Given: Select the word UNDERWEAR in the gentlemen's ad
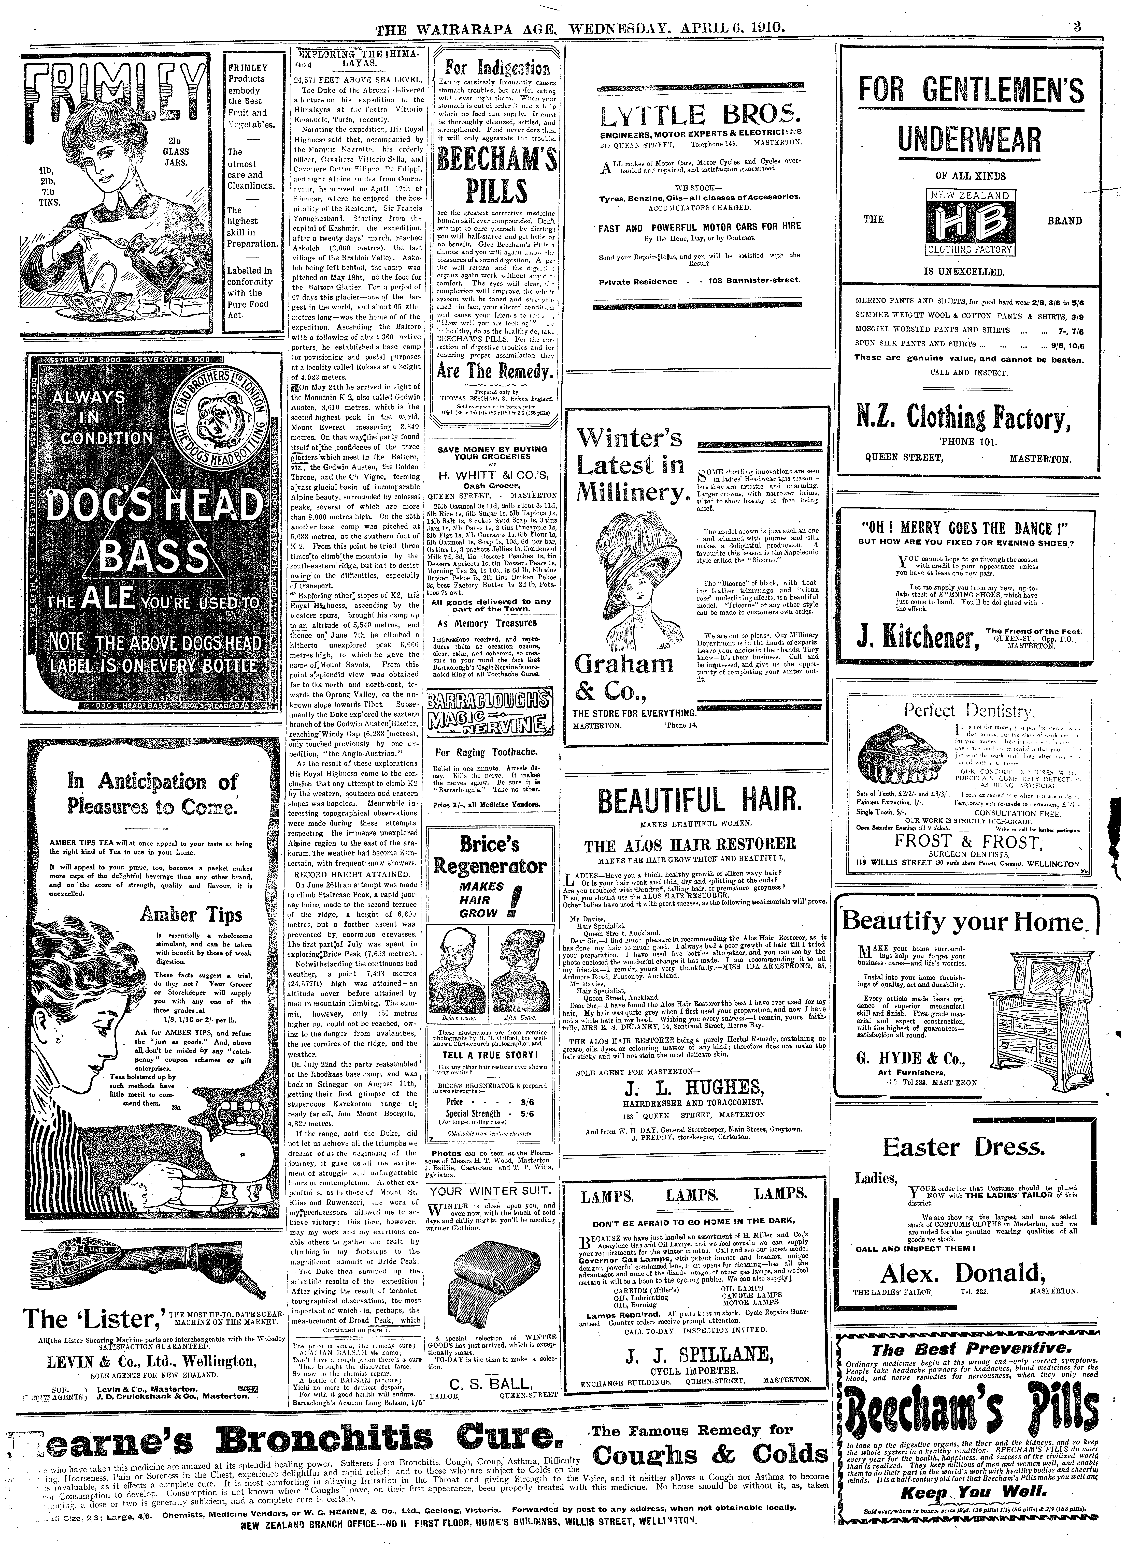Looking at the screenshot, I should coord(970,140).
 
